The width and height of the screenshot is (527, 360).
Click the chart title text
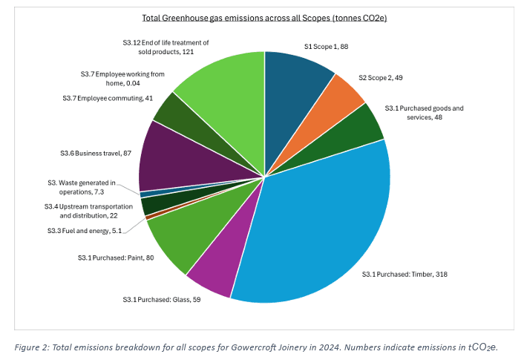tap(263, 17)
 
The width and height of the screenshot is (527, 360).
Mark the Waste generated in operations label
tap(90, 186)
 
